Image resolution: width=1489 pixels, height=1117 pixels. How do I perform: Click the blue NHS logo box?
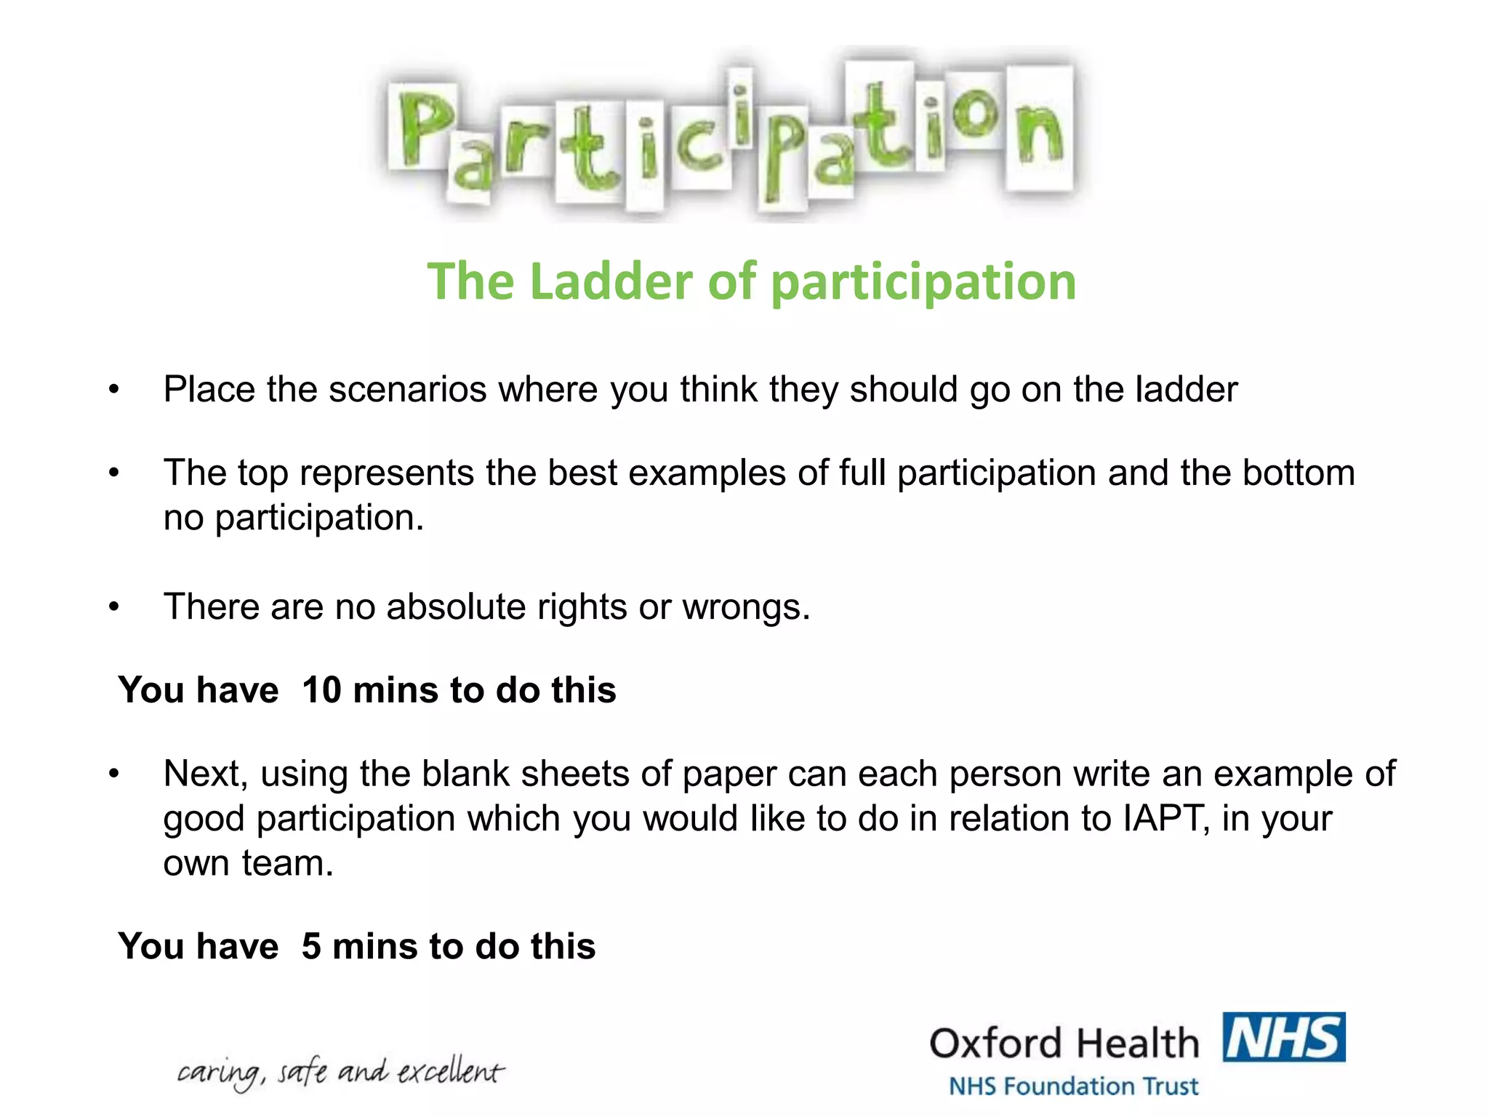pyautogui.click(x=1284, y=1037)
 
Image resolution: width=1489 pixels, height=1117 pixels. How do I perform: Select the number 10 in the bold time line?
pyautogui.click(x=321, y=689)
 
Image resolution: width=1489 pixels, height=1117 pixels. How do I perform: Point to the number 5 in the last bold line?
pyautogui.click(x=311, y=946)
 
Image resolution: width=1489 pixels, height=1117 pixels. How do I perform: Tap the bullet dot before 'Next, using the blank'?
pyautogui.click(x=113, y=774)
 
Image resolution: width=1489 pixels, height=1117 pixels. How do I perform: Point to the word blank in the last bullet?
pyautogui.click(x=465, y=774)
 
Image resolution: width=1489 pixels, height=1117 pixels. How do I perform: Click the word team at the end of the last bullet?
pyautogui.click(x=286, y=864)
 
